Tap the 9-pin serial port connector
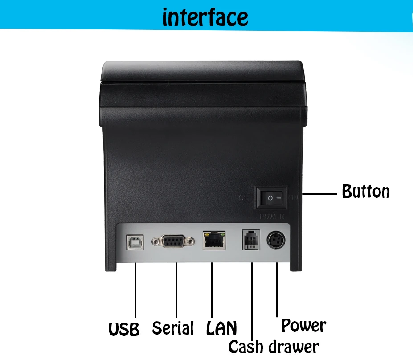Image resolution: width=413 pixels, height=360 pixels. tap(173, 241)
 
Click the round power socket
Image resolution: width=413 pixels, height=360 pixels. tap(276, 241)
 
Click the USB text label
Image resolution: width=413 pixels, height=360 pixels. tap(124, 329)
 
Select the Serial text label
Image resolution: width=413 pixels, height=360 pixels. tap(173, 328)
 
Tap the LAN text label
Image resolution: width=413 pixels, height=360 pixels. tap(221, 328)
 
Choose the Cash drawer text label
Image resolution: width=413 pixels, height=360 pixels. tap(273, 347)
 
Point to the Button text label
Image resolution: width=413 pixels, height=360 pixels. tap(366, 192)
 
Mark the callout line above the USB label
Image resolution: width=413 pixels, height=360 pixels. tap(135, 290)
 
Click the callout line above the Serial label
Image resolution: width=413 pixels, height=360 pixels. tap(176, 290)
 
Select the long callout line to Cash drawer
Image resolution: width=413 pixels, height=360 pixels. tap(252, 303)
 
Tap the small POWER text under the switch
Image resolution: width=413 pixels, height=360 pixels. tap(271, 217)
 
